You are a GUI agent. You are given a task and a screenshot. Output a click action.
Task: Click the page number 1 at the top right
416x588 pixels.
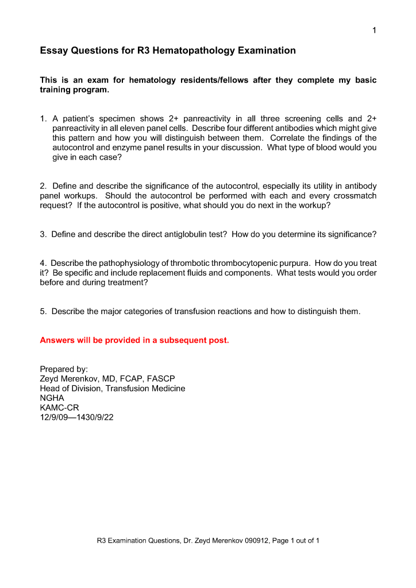(x=374, y=30)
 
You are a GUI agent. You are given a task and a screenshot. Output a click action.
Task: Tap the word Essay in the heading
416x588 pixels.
(x=53, y=51)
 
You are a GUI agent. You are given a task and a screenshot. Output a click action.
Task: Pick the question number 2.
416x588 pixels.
(x=43, y=186)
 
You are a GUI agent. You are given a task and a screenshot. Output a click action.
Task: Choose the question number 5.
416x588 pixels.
(x=43, y=311)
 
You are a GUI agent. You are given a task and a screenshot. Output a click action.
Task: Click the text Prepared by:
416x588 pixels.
(x=63, y=369)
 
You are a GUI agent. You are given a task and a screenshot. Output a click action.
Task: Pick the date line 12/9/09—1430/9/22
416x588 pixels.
(x=76, y=417)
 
